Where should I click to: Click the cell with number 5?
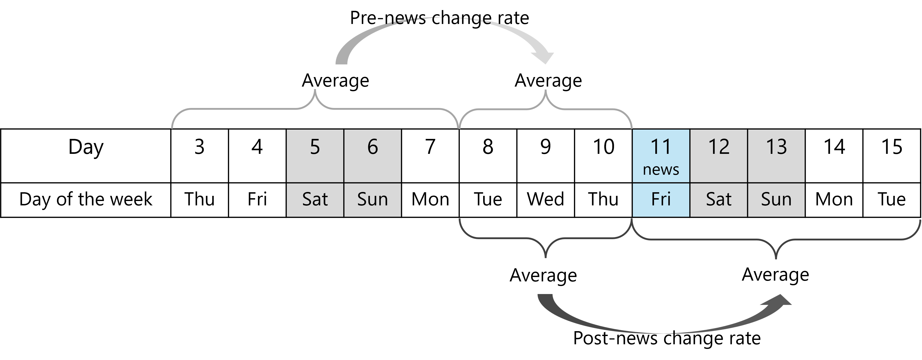click(x=315, y=156)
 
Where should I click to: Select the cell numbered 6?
click(x=372, y=156)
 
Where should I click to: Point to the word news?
click(x=661, y=170)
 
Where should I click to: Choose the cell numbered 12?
click(x=719, y=156)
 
